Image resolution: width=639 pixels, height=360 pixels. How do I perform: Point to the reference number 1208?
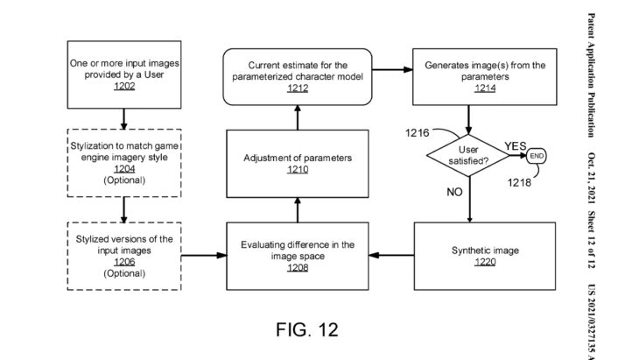pos(298,267)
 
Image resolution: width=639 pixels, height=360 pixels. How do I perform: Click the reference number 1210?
pos(298,169)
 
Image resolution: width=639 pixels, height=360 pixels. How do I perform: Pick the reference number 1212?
pos(298,88)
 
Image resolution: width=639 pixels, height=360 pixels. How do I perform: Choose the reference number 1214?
pos(473,88)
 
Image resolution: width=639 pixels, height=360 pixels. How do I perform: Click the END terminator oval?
pos(537,155)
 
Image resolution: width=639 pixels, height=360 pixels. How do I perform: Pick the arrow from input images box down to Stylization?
pos(123,116)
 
